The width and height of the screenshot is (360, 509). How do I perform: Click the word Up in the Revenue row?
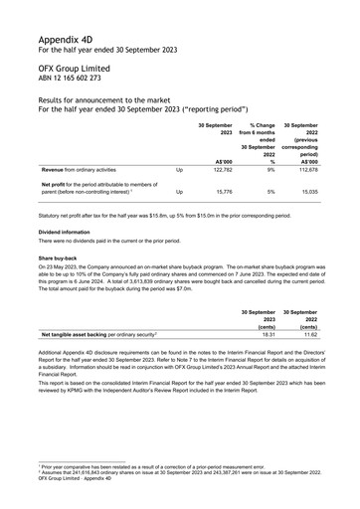coord(179,170)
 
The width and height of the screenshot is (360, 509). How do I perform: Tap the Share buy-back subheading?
coord(58,257)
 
